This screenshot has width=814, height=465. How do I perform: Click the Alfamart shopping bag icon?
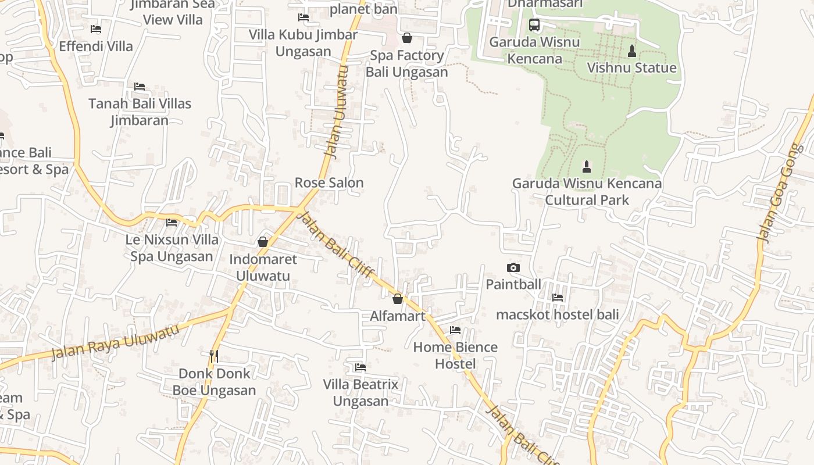398,299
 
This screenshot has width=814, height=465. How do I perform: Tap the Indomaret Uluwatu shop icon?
263,242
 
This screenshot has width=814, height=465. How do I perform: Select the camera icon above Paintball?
513,267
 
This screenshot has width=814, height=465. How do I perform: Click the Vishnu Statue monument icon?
632,51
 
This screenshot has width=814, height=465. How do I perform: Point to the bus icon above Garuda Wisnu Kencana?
534,25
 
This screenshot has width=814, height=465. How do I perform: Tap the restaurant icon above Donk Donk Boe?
214,356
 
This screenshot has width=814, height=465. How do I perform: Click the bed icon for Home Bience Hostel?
455,330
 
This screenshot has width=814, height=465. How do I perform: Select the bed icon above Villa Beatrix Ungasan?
360,367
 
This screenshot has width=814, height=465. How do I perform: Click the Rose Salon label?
329,183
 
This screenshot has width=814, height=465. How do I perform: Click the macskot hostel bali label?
557,314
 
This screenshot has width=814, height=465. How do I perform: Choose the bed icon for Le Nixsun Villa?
172,222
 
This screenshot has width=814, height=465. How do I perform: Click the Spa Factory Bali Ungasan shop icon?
407,38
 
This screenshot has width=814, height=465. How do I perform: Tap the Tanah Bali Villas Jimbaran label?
140,112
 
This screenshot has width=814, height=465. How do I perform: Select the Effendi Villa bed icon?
96,28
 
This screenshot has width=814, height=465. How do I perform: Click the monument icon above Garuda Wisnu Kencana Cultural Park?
587,167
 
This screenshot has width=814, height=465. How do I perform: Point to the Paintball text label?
513,284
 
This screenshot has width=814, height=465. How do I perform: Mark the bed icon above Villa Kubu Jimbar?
303,17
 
